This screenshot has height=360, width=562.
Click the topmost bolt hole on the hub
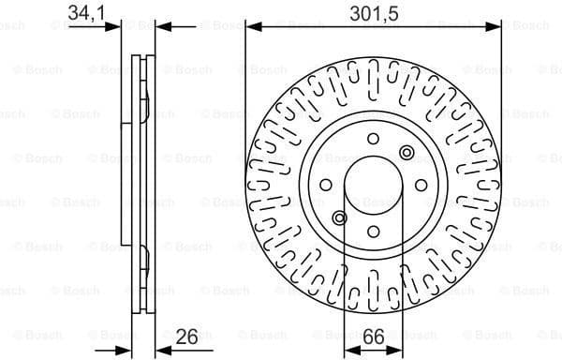pyautogui.click(x=373, y=140)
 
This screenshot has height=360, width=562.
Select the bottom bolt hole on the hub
pyautogui.click(x=373, y=231)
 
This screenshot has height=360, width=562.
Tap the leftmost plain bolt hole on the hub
pyautogui.click(x=328, y=185)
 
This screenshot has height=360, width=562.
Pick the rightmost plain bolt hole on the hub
pyautogui.click(x=418, y=185)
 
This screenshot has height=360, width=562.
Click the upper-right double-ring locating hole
pyautogui.click(x=406, y=153)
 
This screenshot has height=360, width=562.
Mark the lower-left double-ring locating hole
pyautogui.click(x=340, y=217)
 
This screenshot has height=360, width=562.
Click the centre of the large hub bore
pyautogui.click(x=373, y=185)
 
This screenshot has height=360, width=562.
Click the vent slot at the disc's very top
pyautogui.click(x=373, y=75)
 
